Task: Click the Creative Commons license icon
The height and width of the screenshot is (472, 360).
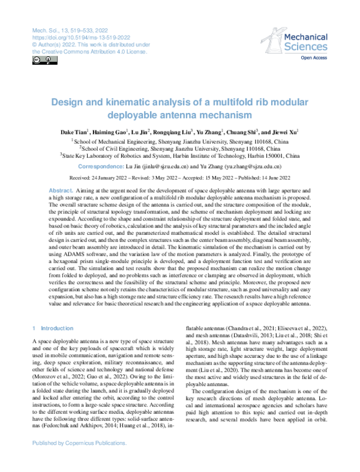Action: click(x=37, y=60)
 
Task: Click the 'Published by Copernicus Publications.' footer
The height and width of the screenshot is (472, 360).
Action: click(x=79, y=460)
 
